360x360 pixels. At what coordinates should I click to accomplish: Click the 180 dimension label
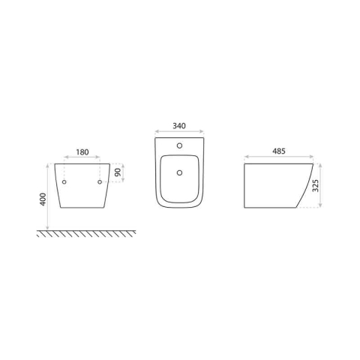click(x=82, y=152)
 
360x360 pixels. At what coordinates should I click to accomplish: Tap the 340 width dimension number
click(x=179, y=126)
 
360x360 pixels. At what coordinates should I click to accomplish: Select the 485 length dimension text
click(x=279, y=151)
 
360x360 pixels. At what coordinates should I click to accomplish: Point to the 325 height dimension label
click(x=316, y=185)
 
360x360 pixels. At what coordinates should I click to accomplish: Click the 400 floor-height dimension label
click(x=43, y=199)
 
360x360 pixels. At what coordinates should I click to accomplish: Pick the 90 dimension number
click(x=118, y=172)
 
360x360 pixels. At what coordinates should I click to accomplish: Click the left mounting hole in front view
click(x=64, y=182)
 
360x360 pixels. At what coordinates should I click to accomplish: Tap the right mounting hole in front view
click(x=100, y=182)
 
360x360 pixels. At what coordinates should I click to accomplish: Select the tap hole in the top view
click(x=179, y=145)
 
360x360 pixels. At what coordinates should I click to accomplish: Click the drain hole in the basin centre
click(x=179, y=172)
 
